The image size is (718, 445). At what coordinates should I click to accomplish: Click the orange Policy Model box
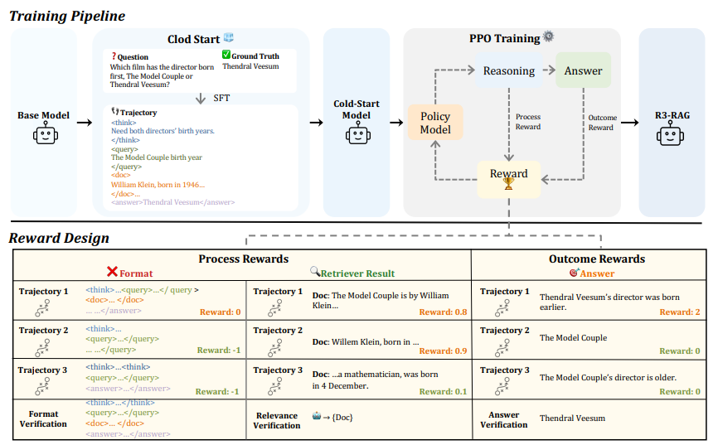click(x=435, y=123)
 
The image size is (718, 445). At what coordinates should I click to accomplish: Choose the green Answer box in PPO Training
click(x=583, y=70)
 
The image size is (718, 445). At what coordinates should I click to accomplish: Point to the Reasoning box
click(x=509, y=70)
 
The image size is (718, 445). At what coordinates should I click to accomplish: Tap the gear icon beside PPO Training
click(x=548, y=36)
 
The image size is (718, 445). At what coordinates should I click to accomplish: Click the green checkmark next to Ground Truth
click(x=226, y=55)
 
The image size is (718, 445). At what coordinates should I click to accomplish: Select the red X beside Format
click(x=112, y=272)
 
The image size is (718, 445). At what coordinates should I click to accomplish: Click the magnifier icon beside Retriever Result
click(x=315, y=272)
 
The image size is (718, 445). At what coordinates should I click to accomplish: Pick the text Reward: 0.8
click(x=443, y=312)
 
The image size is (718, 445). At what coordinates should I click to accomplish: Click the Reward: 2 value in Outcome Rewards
click(x=680, y=312)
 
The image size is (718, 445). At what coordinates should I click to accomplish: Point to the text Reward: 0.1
click(x=443, y=391)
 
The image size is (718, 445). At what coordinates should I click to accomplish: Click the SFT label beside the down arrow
click(x=221, y=98)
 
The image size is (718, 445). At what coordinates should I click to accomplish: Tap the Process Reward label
click(x=528, y=122)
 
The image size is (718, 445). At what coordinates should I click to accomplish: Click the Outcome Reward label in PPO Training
click(x=602, y=123)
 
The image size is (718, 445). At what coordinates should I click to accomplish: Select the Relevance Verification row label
click(x=277, y=420)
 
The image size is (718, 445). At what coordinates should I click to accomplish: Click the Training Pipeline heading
click(x=67, y=16)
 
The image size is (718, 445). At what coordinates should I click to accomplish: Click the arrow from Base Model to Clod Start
click(x=85, y=123)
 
